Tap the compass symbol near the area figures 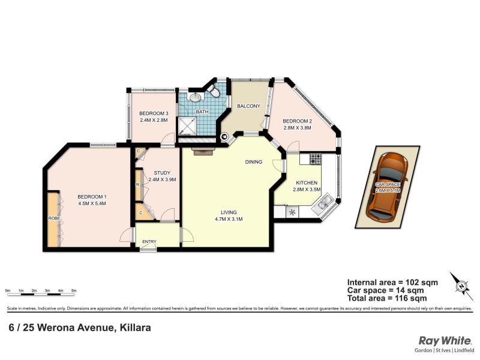(x=461, y=286)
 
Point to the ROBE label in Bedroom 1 (x=53, y=218)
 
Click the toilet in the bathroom (x=212, y=91)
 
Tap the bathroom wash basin (x=195, y=97)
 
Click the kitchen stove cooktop (x=314, y=159)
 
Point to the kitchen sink (x=322, y=206)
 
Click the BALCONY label (x=248, y=106)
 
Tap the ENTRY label (x=148, y=242)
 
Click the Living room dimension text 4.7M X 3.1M (x=228, y=219)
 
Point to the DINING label (x=254, y=162)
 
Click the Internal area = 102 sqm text (x=392, y=282)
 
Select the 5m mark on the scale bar (x=74, y=290)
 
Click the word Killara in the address (x=134, y=328)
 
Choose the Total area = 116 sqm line (x=387, y=298)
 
